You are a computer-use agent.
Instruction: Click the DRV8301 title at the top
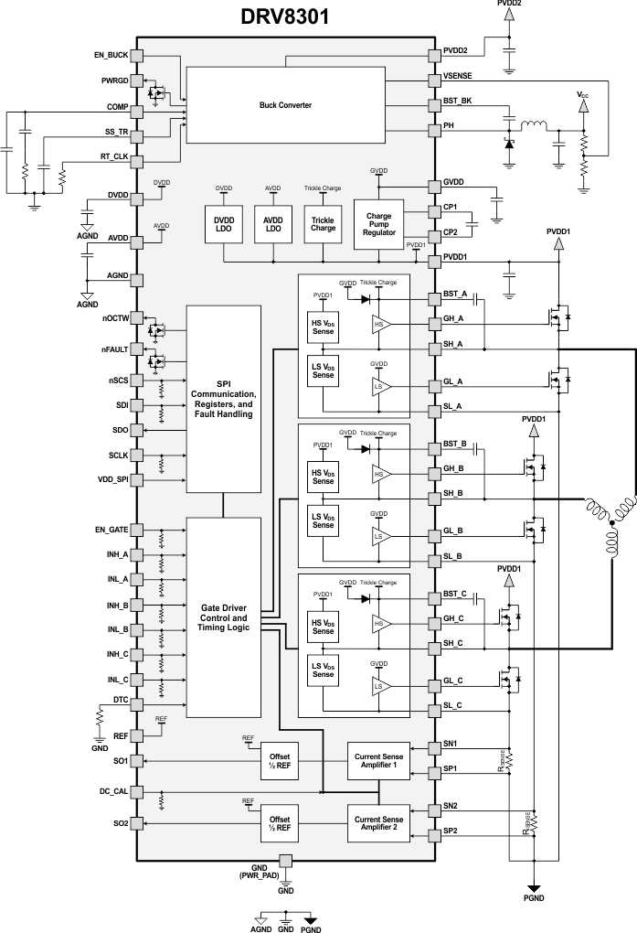pos(284,16)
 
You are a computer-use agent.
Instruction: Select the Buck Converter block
pos(285,105)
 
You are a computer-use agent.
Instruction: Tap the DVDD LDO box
pos(224,224)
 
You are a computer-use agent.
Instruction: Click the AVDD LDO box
pos(272,224)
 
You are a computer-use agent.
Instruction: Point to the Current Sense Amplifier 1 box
pos(378,760)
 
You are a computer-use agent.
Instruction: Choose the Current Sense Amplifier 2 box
pos(378,823)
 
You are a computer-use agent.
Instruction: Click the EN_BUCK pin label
pos(111,56)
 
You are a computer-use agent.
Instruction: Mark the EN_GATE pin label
pos(111,530)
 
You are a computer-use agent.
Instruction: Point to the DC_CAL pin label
pos(113,791)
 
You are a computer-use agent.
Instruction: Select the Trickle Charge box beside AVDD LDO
pos(322,224)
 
